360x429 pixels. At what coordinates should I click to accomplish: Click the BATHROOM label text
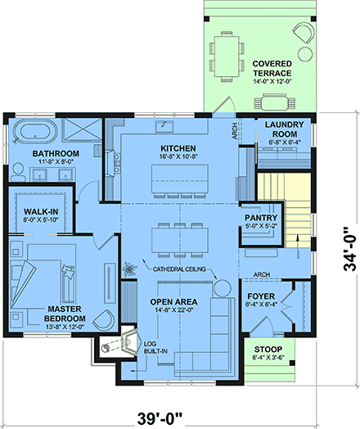[56, 154]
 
